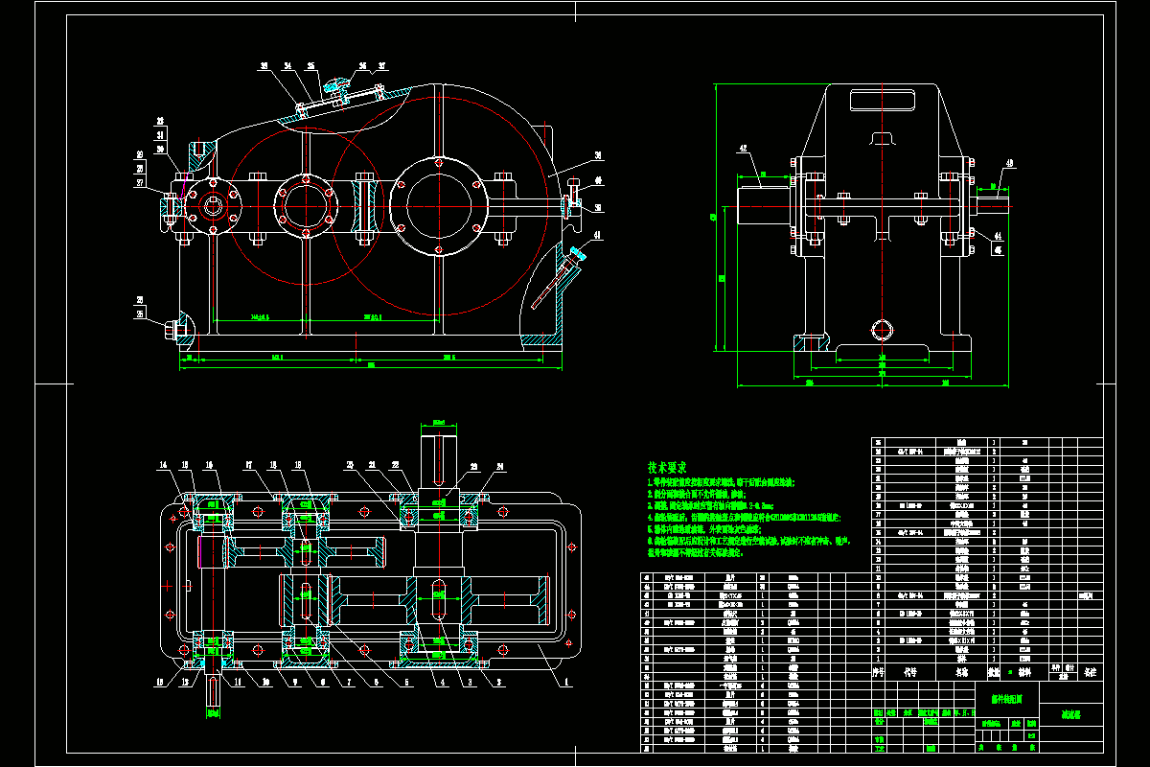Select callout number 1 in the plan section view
[565, 683]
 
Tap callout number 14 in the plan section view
[163, 465]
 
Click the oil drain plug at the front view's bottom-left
[175, 328]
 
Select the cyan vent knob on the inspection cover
[334, 84]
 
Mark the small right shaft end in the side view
[993, 203]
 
